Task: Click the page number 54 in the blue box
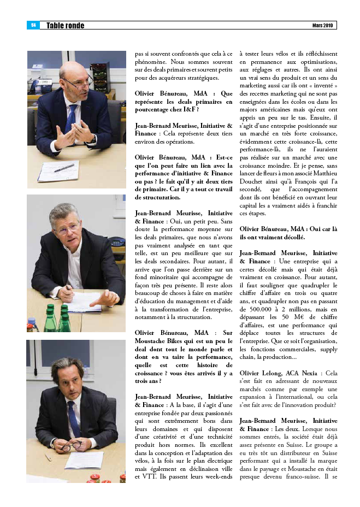coord(33,25)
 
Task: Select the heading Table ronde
coord(65,26)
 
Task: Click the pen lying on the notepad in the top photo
coord(64,168)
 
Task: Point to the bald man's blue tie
coord(70,118)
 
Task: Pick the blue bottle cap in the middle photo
coord(50,307)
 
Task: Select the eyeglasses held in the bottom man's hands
coord(70,446)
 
